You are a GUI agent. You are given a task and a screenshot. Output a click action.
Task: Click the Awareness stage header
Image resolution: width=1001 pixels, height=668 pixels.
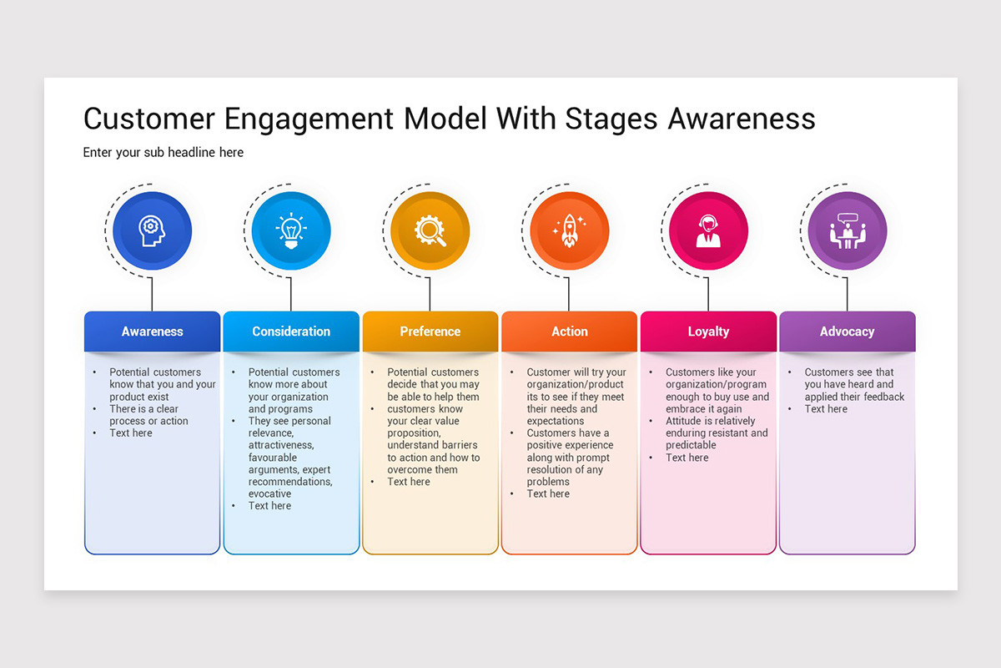coord(152,331)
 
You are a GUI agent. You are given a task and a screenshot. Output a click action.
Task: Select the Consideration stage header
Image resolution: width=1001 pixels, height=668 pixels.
coord(291,331)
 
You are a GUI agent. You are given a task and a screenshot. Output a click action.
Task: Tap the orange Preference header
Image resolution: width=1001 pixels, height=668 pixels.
coord(430,331)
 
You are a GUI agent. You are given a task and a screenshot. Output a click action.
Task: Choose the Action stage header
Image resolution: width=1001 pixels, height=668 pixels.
coord(569,331)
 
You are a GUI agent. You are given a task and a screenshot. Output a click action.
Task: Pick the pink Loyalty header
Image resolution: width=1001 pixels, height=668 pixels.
coord(708,331)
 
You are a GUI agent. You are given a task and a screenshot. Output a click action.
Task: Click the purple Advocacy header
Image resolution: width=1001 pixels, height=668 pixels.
coord(847,331)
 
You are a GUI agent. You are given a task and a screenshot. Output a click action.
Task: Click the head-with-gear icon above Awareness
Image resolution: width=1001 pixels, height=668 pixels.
coord(152,230)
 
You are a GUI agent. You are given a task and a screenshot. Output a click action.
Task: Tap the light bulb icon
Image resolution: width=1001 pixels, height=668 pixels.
coord(291,230)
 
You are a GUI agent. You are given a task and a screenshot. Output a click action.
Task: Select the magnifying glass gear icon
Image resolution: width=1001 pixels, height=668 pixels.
coord(430,230)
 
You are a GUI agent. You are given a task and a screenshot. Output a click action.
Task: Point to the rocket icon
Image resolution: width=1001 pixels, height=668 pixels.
coord(570,230)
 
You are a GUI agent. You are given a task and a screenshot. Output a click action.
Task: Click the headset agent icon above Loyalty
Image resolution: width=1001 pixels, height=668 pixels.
coord(708,230)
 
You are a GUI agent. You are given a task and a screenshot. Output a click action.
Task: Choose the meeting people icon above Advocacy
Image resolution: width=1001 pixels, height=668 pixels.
coord(848,230)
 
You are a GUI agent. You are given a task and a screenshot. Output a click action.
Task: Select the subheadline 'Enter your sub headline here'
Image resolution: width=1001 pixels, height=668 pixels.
coord(163,153)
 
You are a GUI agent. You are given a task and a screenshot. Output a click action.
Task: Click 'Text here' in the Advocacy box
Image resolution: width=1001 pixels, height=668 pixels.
coord(826,409)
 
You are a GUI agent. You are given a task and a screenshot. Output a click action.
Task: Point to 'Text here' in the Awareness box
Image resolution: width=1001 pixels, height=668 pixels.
coord(131,433)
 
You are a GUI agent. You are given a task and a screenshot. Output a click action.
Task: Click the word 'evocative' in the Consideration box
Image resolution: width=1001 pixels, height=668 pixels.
coord(270,493)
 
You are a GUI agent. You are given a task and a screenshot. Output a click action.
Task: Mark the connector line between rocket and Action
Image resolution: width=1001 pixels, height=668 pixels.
coord(569,294)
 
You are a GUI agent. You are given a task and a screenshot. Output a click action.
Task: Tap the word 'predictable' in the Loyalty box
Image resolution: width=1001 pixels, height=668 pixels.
coord(691,445)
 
